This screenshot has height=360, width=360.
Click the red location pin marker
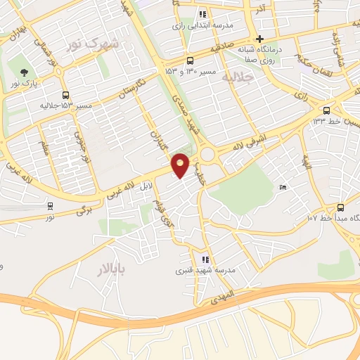[x=181, y=165]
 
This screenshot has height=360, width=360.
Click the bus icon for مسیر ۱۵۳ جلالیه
[x=65, y=95]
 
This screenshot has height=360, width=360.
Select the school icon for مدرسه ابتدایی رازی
[x=202, y=14]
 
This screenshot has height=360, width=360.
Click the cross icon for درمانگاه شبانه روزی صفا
[x=260, y=39]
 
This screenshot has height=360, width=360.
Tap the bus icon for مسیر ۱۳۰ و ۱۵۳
[x=190, y=60]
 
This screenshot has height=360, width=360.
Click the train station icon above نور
[x=50, y=206]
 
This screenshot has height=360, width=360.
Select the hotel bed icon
[x=282, y=187]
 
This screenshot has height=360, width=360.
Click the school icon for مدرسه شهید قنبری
[x=204, y=259]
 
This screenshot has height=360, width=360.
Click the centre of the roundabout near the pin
[x=207, y=155]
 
